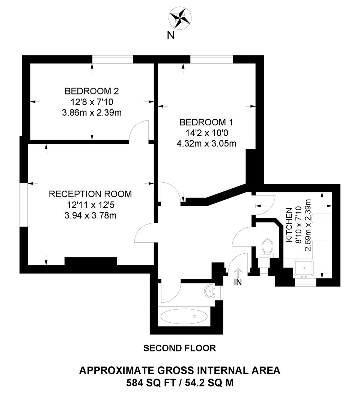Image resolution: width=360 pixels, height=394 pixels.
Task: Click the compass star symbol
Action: pos(180,18)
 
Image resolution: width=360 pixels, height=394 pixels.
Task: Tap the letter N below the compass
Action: pos(171,36)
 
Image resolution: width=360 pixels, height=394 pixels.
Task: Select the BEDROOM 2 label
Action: pos(92,91)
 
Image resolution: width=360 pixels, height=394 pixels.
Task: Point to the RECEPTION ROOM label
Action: pos(90,194)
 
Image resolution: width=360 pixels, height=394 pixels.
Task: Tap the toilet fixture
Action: pos(267,247)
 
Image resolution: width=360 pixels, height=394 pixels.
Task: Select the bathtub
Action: pos(184,316)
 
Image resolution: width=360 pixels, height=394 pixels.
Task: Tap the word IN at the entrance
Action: pos(237,282)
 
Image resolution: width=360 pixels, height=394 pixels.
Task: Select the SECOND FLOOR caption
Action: pos(180,348)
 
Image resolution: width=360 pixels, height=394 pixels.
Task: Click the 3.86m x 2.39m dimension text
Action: pos(92,113)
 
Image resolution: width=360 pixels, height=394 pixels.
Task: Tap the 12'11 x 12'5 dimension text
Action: pos(90,205)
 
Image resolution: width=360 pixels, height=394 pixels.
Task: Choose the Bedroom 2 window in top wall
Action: pos(113,60)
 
